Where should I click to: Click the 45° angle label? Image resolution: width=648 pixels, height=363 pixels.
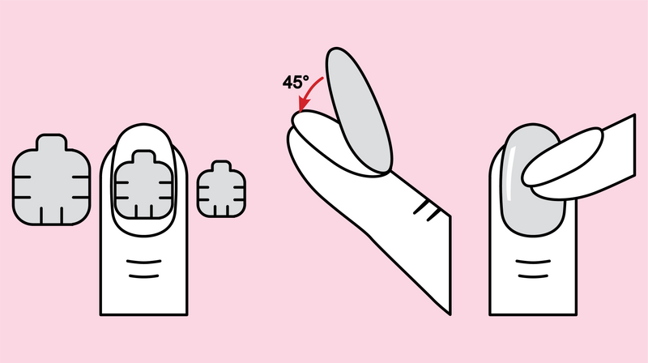click(x=296, y=82)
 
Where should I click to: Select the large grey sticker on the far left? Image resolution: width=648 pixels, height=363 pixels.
click(x=51, y=180)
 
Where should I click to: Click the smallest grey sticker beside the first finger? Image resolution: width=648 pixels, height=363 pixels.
click(x=221, y=189)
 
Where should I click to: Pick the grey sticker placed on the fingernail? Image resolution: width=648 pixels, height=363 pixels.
click(x=144, y=185)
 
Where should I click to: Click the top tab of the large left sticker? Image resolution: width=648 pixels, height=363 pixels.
click(x=51, y=142)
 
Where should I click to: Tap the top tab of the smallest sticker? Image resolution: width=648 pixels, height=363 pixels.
click(x=221, y=166)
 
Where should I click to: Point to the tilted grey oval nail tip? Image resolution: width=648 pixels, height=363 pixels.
click(x=358, y=110)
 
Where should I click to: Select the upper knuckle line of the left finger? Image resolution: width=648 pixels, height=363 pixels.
click(x=144, y=262)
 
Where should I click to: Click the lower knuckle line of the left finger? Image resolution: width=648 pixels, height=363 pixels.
click(x=144, y=275)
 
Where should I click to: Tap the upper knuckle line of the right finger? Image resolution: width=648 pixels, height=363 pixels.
click(x=533, y=262)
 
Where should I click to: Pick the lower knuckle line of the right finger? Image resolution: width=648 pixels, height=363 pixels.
click(x=533, y=275)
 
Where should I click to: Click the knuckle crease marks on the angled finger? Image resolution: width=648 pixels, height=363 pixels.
click(x=427, y=210)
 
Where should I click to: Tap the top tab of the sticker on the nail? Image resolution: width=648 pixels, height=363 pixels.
click(x=144, y=156)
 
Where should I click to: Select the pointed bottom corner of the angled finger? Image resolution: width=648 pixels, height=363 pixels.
click(x=450, y=314)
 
